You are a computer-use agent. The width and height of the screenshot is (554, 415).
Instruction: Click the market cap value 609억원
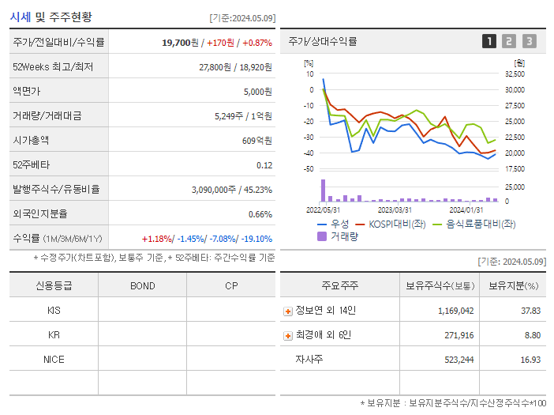(256, 140)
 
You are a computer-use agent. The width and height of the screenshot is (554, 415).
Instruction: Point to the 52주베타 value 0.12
(264, 164)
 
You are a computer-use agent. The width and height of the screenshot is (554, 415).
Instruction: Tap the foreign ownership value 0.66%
(260, 213)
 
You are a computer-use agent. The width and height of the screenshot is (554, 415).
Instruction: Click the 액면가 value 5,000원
(257, 91)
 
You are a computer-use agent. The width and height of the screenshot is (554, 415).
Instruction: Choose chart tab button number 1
(489, 41)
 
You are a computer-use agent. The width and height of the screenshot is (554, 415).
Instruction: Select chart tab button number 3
(529, 41)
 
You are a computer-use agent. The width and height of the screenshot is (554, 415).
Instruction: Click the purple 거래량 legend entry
(340, 236)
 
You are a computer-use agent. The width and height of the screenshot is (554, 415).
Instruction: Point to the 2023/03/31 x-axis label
(395, 209)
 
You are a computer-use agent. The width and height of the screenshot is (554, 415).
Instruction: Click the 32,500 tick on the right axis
(514, 74)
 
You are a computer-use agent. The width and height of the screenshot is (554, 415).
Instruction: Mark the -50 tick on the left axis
(309, 169)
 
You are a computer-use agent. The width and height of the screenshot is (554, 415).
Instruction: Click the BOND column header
(142, 285)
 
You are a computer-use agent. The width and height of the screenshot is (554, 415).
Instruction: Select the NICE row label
(54, 359)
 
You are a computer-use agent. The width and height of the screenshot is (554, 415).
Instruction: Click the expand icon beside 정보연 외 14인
(288, 311)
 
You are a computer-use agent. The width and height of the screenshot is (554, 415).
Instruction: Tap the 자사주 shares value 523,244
(455, 359)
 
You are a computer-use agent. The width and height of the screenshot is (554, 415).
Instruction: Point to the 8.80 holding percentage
(531, 335)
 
